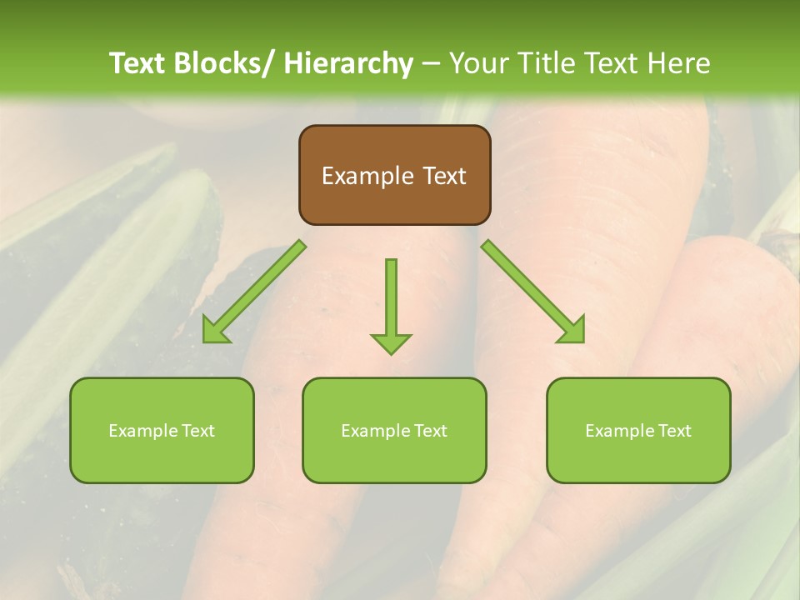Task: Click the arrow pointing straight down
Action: pyautogui.click(x=391, y=305)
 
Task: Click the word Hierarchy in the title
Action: pyautogui.click(x=348, y=63)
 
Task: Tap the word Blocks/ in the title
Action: pyautogui.click(x=231, y=63)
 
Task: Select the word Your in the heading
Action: pyautogui.click(x=477, y=63)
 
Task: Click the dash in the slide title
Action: pyautogui.click(x=431, y=64)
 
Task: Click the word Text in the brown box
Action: pyautogui.click(x=443, y=176)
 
